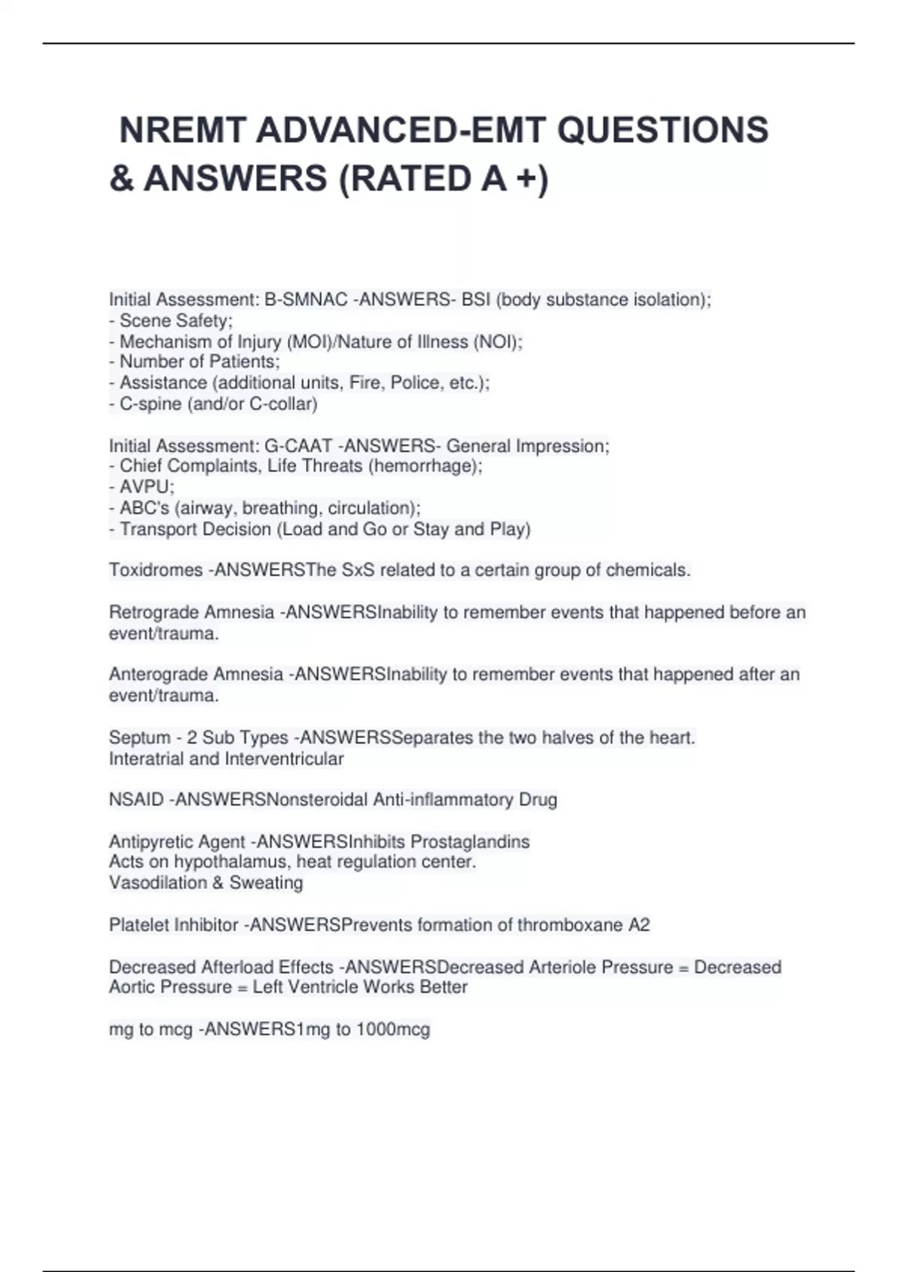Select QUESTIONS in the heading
click(662, 130)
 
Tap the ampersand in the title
click(120, 179)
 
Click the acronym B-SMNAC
click(306, 299)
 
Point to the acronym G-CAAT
click(298, 446)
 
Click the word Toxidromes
click(156, 570)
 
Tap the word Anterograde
click(158, 674)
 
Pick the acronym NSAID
click(136, 800)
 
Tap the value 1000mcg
click(393, 1029)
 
